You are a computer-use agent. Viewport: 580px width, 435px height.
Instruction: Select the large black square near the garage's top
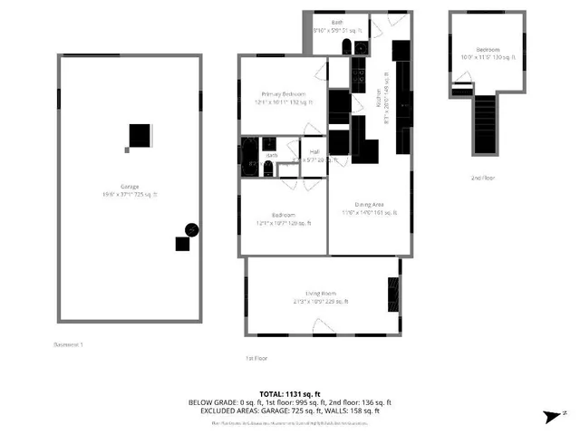point(138,136)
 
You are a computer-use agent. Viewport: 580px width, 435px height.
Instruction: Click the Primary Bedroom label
point(283,95)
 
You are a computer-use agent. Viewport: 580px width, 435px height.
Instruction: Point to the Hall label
point(314,151)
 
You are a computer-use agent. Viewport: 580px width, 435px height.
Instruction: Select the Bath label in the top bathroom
point(336,23)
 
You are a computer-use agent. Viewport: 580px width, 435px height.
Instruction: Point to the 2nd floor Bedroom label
point(488,50)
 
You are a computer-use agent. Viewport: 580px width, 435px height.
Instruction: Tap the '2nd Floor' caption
point(483,178)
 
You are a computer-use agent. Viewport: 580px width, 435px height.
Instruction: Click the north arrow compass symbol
point(553,415)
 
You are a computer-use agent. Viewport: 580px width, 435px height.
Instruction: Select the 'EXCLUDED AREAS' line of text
point(289,411)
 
